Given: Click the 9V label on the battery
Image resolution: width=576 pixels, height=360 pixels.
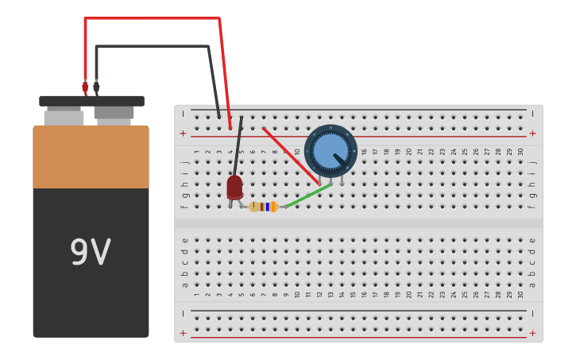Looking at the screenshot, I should pyautogui.click(x=90, y=253).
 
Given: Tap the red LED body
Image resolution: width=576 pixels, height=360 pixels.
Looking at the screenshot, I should pyautogui.click(x=234, y=187).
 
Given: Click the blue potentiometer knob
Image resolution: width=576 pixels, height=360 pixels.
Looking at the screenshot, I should pyautogui.click(x=330, y=150).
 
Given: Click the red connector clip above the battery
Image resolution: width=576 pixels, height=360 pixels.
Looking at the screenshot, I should pyautogui.click(x=85, y=87).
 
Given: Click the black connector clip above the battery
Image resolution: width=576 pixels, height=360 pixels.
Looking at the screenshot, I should pyautogui.click(x=96, y=87).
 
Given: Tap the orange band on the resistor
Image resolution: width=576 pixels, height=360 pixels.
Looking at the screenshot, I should pyautogui.click(x=273, y=207).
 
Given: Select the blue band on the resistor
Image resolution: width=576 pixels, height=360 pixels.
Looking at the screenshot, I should pyautogui.click(x=268, y=207).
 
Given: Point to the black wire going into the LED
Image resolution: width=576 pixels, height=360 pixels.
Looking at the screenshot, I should pyautogui.click(x=238, y=147).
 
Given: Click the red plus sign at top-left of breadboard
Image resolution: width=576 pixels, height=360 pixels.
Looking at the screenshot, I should pyautogui.click(x=183, y=134).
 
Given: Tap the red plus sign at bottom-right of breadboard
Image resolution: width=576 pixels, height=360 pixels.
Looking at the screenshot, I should pyautogui.click(x=532, y=333).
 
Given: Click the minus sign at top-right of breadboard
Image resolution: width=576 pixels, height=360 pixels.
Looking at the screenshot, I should pyautogui.click(x=532, y=114).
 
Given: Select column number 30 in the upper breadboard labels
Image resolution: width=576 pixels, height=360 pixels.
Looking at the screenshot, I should pyautogui.click(x=520, y=151).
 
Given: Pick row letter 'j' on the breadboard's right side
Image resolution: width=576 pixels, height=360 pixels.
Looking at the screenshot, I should pyautogui.click(x=532, y=162).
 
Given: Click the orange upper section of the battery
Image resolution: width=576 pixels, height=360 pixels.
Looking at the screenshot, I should pyautogui.click(x=91, y=157).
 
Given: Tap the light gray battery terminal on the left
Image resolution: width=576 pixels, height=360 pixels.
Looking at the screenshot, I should pyautogui.click(x=64, y=118).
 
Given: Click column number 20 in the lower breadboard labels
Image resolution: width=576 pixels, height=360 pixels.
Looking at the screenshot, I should pyautogui.click(x=409, y=294).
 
